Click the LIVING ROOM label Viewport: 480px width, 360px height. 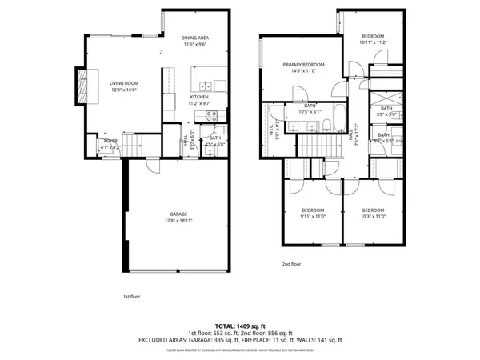click(x=124, y=82)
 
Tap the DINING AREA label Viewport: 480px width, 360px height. click(x=195, y=38)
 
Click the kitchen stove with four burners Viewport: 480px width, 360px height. click(x=213, y=115)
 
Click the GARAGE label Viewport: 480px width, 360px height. click(x=178, y=214)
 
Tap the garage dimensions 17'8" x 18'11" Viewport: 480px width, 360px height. click(x=178, y=220)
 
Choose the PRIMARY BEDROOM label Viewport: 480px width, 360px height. click(x=303, y=65)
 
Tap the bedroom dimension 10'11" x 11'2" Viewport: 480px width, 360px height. click(x=373, y=42)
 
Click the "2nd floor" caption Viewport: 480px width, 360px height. click(x=291, y=263)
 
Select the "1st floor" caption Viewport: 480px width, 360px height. click(x=131, y=297)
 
